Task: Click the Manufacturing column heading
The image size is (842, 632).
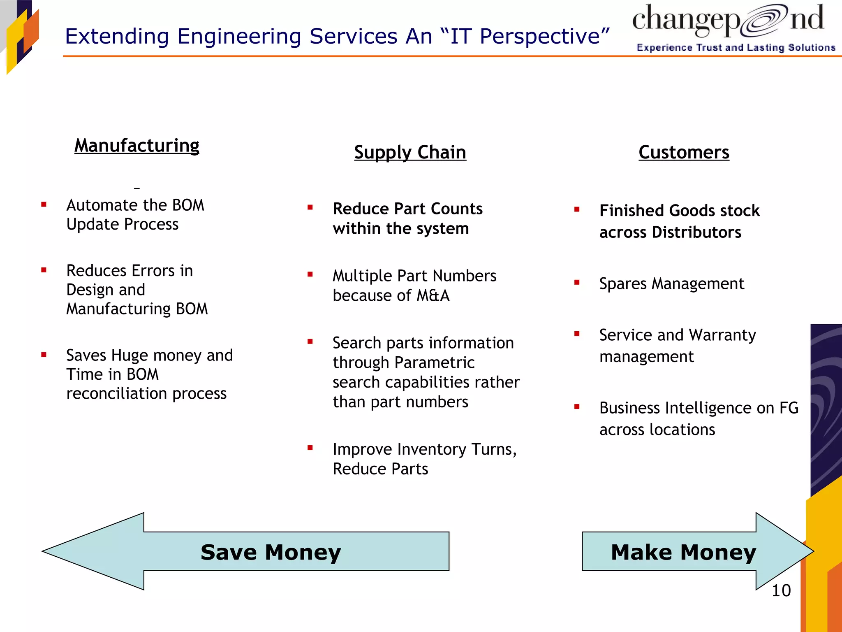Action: (136, 146)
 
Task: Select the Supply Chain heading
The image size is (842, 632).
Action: (410, 152)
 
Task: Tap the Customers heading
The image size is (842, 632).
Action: (684, 152)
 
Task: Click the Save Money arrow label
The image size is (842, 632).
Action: (271, 552)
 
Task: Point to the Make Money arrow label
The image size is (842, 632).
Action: (683, 552)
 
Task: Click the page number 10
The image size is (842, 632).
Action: (781, 591)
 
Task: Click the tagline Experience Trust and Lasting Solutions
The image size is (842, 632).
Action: (736, 48)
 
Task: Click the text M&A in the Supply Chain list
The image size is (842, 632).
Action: (433, 295)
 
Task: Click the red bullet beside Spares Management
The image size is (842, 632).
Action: (577, 282)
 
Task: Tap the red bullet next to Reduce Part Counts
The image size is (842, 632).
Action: (310, 208)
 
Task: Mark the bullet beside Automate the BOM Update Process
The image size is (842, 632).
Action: (44, 204)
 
